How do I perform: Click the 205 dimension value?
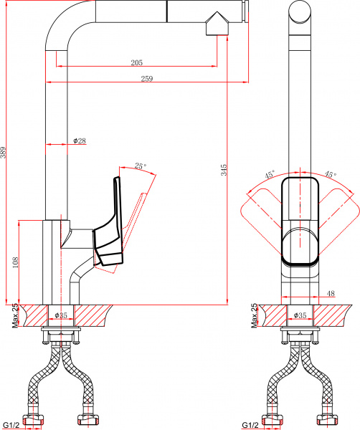(136, 62)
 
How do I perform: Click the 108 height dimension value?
(16, 262)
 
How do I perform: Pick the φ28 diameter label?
(80, 141)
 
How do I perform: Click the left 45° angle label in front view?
(270, 174)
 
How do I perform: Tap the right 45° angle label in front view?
(330, 174)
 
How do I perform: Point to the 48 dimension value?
(331, 293)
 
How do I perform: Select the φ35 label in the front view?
(301, 315)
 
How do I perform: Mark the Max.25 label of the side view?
(15, 315)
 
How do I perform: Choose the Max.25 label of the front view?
(255, 315)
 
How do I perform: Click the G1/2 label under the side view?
(11, 425)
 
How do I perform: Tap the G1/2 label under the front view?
(250, 425)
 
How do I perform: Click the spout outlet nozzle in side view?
(216, 26)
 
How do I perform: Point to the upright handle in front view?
(300, 219)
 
